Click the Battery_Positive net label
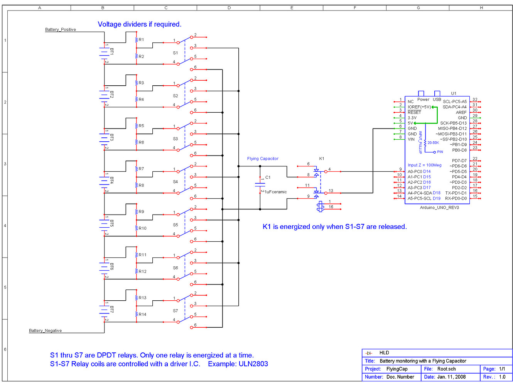tap(61, 29)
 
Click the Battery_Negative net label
tap(45, 330)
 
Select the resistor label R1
tap(141, 40)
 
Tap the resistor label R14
tap(142, 314)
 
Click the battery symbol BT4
tap(105, 180)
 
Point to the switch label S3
tap(175, 139)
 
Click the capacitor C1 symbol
tap(260, 185)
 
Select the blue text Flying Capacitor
tap(263, 159)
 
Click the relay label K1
tap(322, 159)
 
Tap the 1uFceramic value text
tap(275, 192)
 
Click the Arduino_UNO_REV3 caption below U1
tap(439, 207)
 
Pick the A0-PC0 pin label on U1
tap(415, 171)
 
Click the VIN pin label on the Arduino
tap(411, 139)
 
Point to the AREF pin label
tap(461, 112)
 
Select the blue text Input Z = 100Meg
tap(424, 165)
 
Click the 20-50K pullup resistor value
tap(433, 143)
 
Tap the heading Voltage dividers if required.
tap(139, 24)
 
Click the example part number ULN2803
tap(253, 364)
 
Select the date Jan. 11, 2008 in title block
tap(451, 377)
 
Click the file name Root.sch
tap(446, 369)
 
